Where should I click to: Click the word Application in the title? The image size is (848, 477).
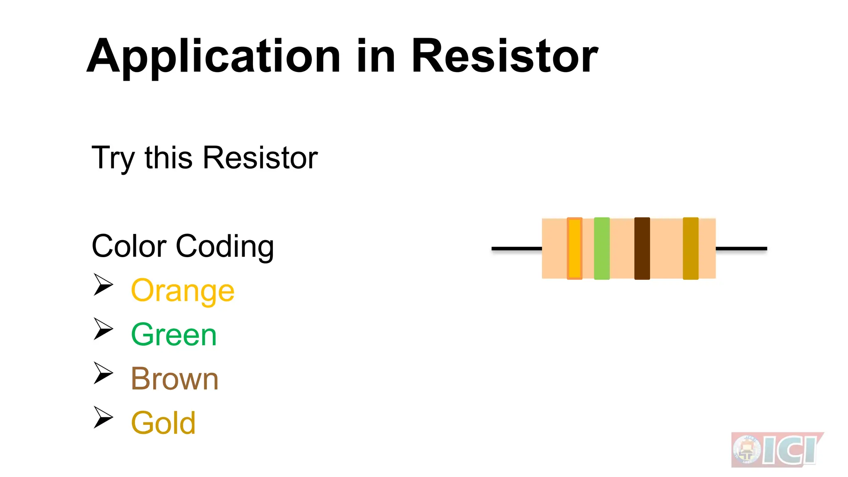pos(213,57)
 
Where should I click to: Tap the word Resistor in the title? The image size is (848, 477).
pos(504,56)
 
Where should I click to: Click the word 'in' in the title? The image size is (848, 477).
pos(376,56)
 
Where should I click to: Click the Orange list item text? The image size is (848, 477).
pos(183,291)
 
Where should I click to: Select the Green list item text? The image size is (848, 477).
pos(174,335)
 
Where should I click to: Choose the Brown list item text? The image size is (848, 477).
pos(175,379)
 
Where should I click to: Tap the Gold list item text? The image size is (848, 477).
pos(163,423)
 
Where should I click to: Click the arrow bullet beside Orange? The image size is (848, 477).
pos(103,284)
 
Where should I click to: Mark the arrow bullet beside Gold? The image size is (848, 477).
pos(103,417)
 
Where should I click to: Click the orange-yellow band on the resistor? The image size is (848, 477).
pos(575,248)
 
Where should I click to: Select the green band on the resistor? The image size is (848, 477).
pos(602,248)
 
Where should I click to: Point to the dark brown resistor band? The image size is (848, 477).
pos(642,248)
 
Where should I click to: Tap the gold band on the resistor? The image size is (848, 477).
pos(690,248)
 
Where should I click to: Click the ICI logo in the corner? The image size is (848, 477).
pos(777,450)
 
